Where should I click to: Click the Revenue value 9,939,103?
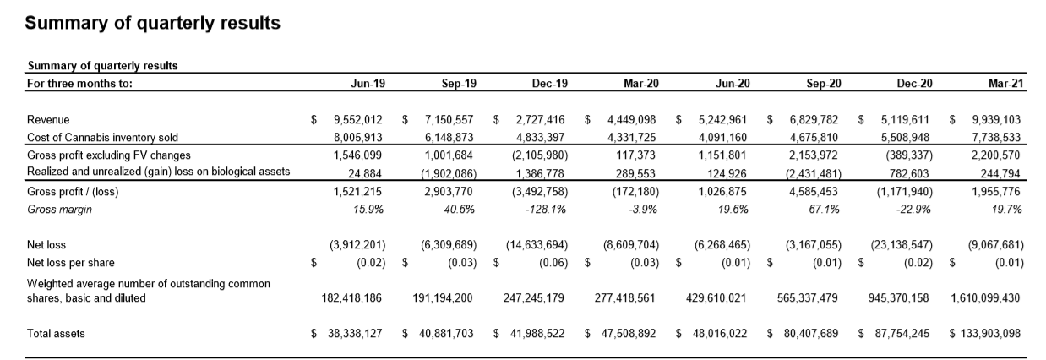coord(991,120)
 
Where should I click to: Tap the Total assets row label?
coord(56,334)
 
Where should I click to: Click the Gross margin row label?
coord(58,208)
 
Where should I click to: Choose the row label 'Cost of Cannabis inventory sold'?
coord(102,137)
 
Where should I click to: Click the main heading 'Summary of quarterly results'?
coord(152,24)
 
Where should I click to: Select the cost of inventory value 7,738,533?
coord(991,137)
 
